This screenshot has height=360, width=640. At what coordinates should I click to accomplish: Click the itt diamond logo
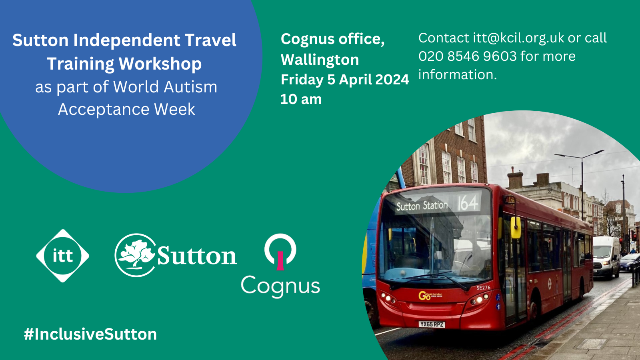(63, 256)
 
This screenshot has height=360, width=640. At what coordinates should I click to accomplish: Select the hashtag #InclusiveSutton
(90, 334)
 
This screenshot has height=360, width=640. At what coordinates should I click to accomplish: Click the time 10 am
(301, 99)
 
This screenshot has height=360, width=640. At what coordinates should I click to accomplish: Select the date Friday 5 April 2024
(345, 80)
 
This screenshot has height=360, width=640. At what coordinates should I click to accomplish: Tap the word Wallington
(320, 60)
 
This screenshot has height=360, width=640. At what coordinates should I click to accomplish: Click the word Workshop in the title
(160, 64)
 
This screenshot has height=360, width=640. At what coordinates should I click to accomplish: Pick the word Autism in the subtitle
(190, 87)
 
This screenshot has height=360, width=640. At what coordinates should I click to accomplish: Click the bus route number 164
(467, 203)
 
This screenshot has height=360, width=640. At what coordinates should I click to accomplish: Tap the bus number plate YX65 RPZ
(432, 324)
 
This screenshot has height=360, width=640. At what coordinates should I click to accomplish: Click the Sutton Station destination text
(422, 206)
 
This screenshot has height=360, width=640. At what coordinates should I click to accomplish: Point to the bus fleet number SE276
(483, 288)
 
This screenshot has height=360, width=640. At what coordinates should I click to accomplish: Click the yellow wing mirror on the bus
(515, 226)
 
